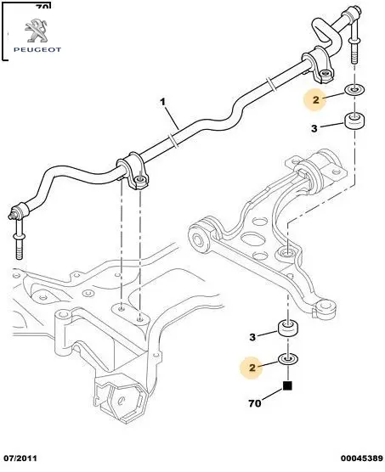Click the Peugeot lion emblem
36,31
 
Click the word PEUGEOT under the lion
37,50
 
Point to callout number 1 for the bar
162,103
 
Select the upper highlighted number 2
315,99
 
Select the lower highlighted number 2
252,368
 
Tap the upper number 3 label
314,128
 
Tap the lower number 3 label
252,337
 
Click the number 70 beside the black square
255,403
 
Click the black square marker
288,386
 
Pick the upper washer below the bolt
354,90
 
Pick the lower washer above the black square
288,359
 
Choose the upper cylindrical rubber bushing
354,121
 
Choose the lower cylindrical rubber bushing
288,329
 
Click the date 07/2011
19,458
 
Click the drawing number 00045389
361,458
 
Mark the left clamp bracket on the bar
133,171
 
